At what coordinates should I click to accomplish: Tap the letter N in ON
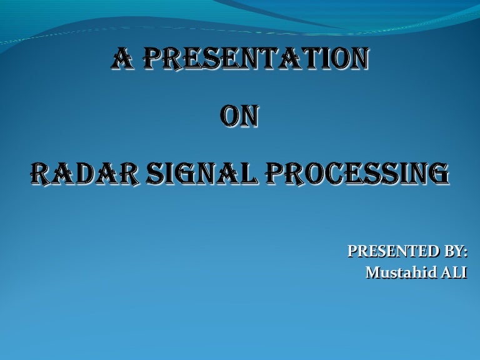click(249, 117)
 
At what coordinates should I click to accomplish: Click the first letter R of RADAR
click(40, 173)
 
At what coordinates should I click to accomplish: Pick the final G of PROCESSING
click(439, 173)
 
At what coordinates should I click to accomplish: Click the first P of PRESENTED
click(351, 252)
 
